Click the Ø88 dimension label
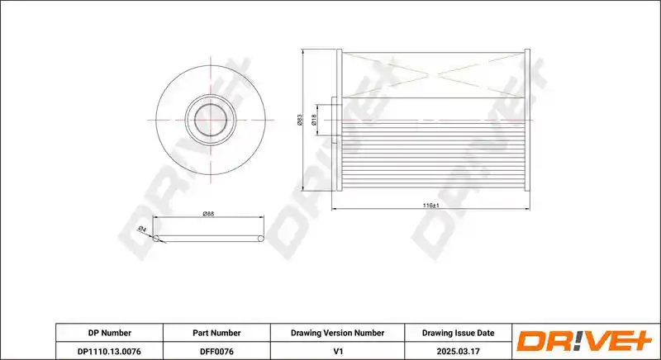click(208, 214)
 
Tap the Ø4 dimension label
click(142, 230)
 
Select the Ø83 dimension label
click(300, 120)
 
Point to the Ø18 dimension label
click(313, 121)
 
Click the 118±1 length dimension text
click(430, 206)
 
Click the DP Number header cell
click(110, 333)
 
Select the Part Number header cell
click(216, 333)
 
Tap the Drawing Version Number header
click(337, 333)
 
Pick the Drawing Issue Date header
click(459, 333)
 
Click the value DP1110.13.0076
click(109, 351)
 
